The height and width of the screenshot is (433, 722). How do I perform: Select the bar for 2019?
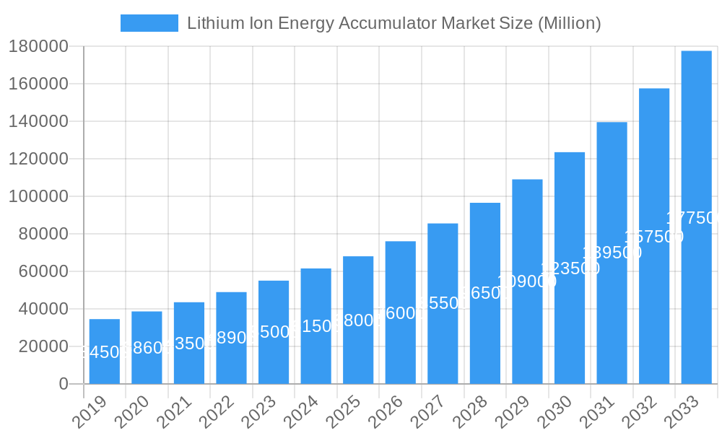[105, 351]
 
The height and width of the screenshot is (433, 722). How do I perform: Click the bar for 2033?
[696, 216]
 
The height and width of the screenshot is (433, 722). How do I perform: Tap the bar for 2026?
[401, 312]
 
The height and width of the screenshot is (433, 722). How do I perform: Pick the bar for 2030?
[570, 268]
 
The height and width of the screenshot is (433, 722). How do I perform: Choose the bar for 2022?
[231, 337]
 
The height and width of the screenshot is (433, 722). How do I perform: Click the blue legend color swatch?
[149, 23]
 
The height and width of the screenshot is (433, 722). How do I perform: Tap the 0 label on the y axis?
[64, 384]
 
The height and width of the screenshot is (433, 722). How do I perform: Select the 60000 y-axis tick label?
[43, 271]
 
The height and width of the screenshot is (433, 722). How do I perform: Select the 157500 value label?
[654, 237]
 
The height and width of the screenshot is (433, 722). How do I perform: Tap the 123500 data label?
[570, 268]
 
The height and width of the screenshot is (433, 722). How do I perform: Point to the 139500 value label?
[612, 253]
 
